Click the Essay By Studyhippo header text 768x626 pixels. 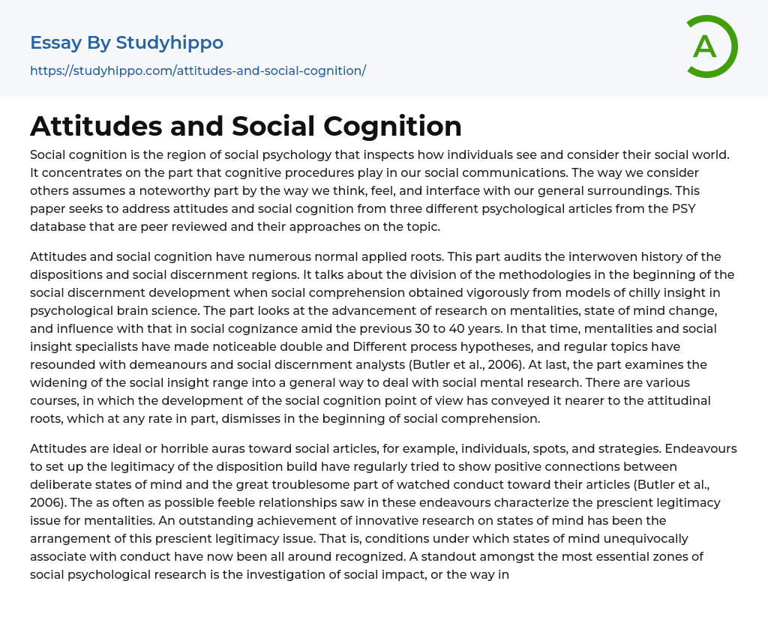tap(127, 43)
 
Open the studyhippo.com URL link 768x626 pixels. tap(198, 71)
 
